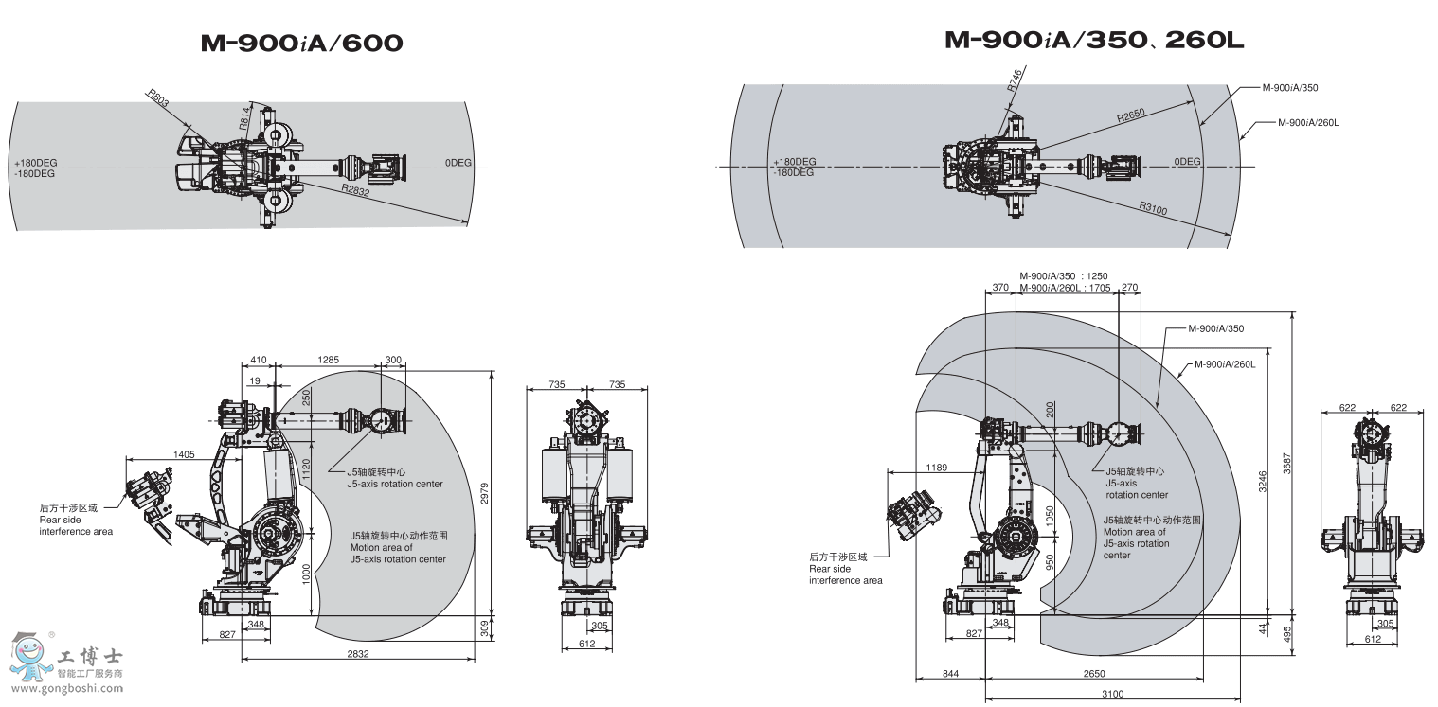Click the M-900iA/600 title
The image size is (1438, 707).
tap(301, 43)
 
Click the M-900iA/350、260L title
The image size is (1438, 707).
tap(1093, 40)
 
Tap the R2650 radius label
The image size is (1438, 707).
tap(1130, 116)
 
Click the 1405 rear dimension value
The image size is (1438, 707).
tap(184, 454)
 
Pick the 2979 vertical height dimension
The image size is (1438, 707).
tap(485, 492)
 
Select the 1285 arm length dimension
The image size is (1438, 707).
tap(328, 360)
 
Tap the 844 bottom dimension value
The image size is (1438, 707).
tap(950, 673)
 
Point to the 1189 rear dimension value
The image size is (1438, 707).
tap(937, 467)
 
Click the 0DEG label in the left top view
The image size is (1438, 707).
tap(458, 163)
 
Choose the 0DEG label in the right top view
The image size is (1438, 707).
tap(1187, 162)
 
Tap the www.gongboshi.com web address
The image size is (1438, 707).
tap(63, 688)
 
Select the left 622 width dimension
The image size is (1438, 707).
tap(1347, 408)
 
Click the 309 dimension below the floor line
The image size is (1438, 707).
tap(485, 627)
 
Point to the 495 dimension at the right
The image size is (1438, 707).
tap(1287, 633)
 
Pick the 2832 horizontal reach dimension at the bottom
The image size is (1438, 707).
tap(358, 653)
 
